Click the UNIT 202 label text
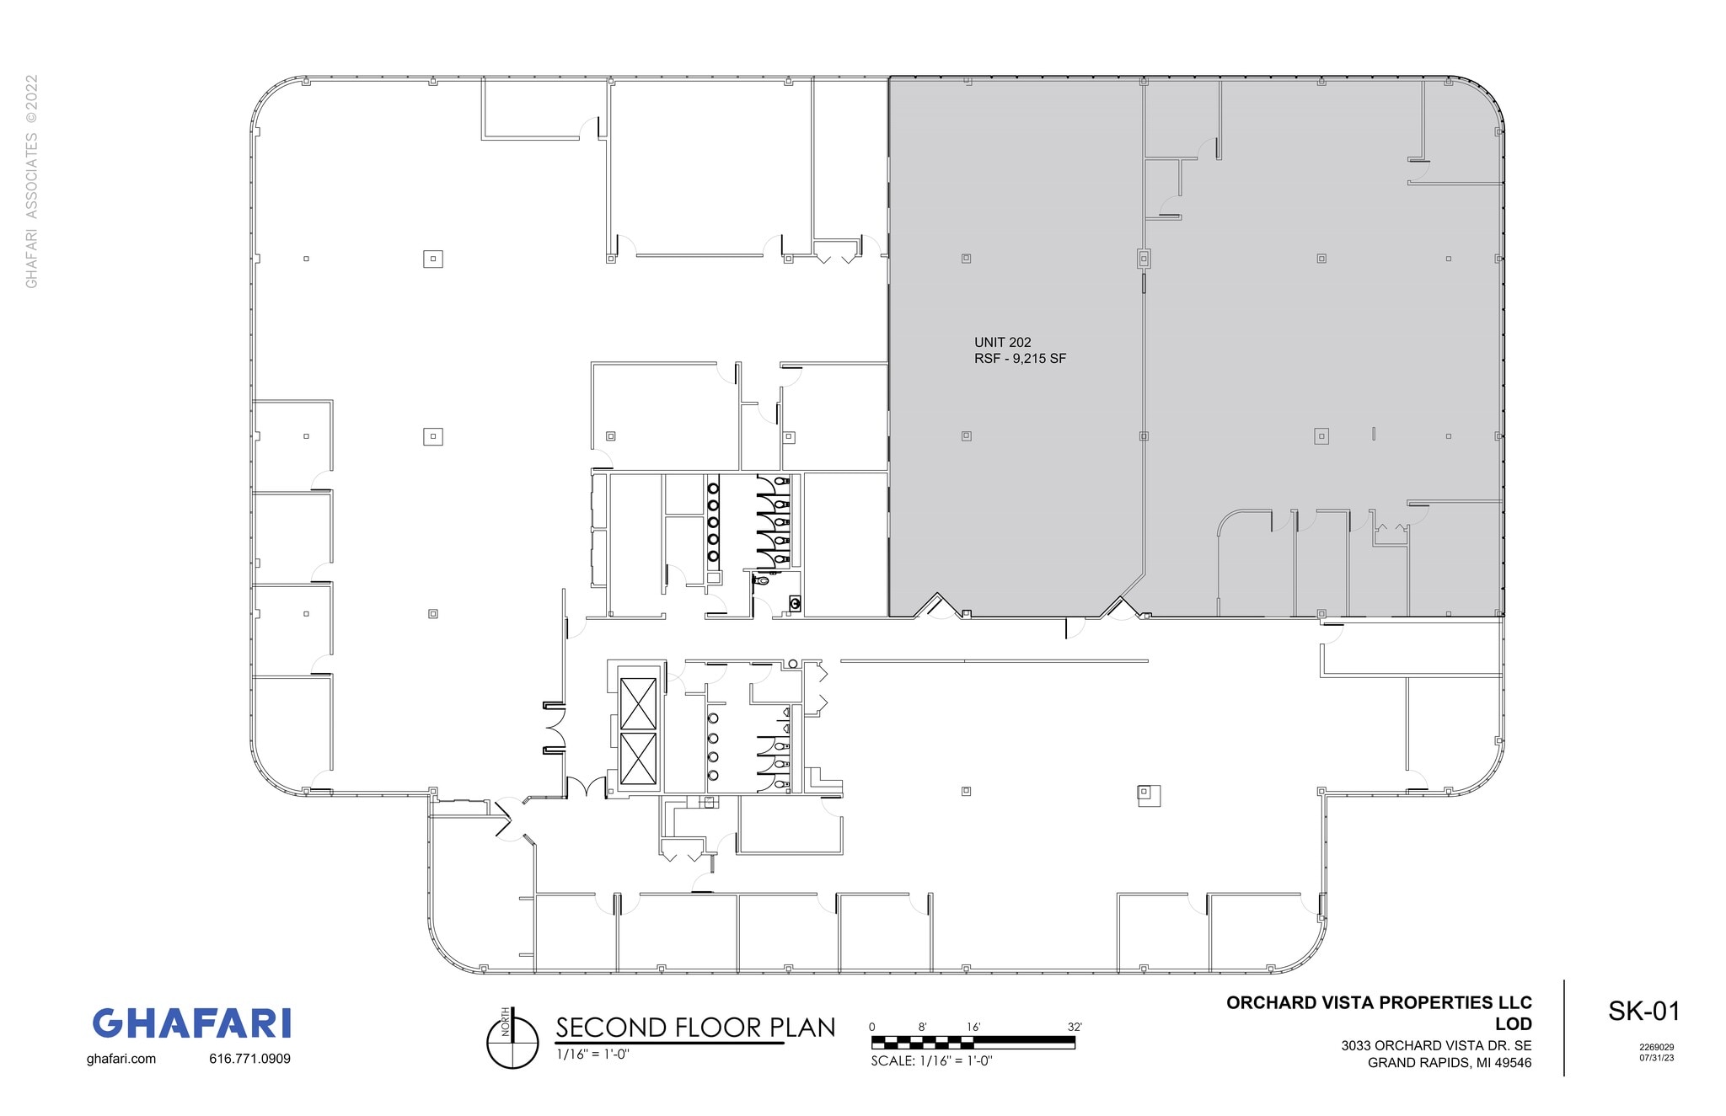point(1002,343)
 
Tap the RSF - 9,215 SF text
point(1020,359)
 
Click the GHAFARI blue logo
point(191,1023)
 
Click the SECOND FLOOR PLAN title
point(695,1028)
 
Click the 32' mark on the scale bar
point(1075,1027)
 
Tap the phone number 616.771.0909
point(249,1059)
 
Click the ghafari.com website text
point(121,1059)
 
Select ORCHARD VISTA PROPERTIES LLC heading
point(1379,1003)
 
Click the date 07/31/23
point(1656,1058)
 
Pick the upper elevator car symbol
point(638,703)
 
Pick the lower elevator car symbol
point(638,758)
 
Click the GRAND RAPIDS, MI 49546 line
point(1449,1063)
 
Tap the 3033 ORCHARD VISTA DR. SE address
point(1436,1046)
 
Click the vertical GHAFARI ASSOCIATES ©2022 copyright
point(32,181)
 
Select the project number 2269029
point(1656,1048)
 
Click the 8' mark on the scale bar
point(923,1027)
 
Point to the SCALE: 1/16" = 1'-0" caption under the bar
point(931,1061)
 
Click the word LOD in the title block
point(1513,1023)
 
